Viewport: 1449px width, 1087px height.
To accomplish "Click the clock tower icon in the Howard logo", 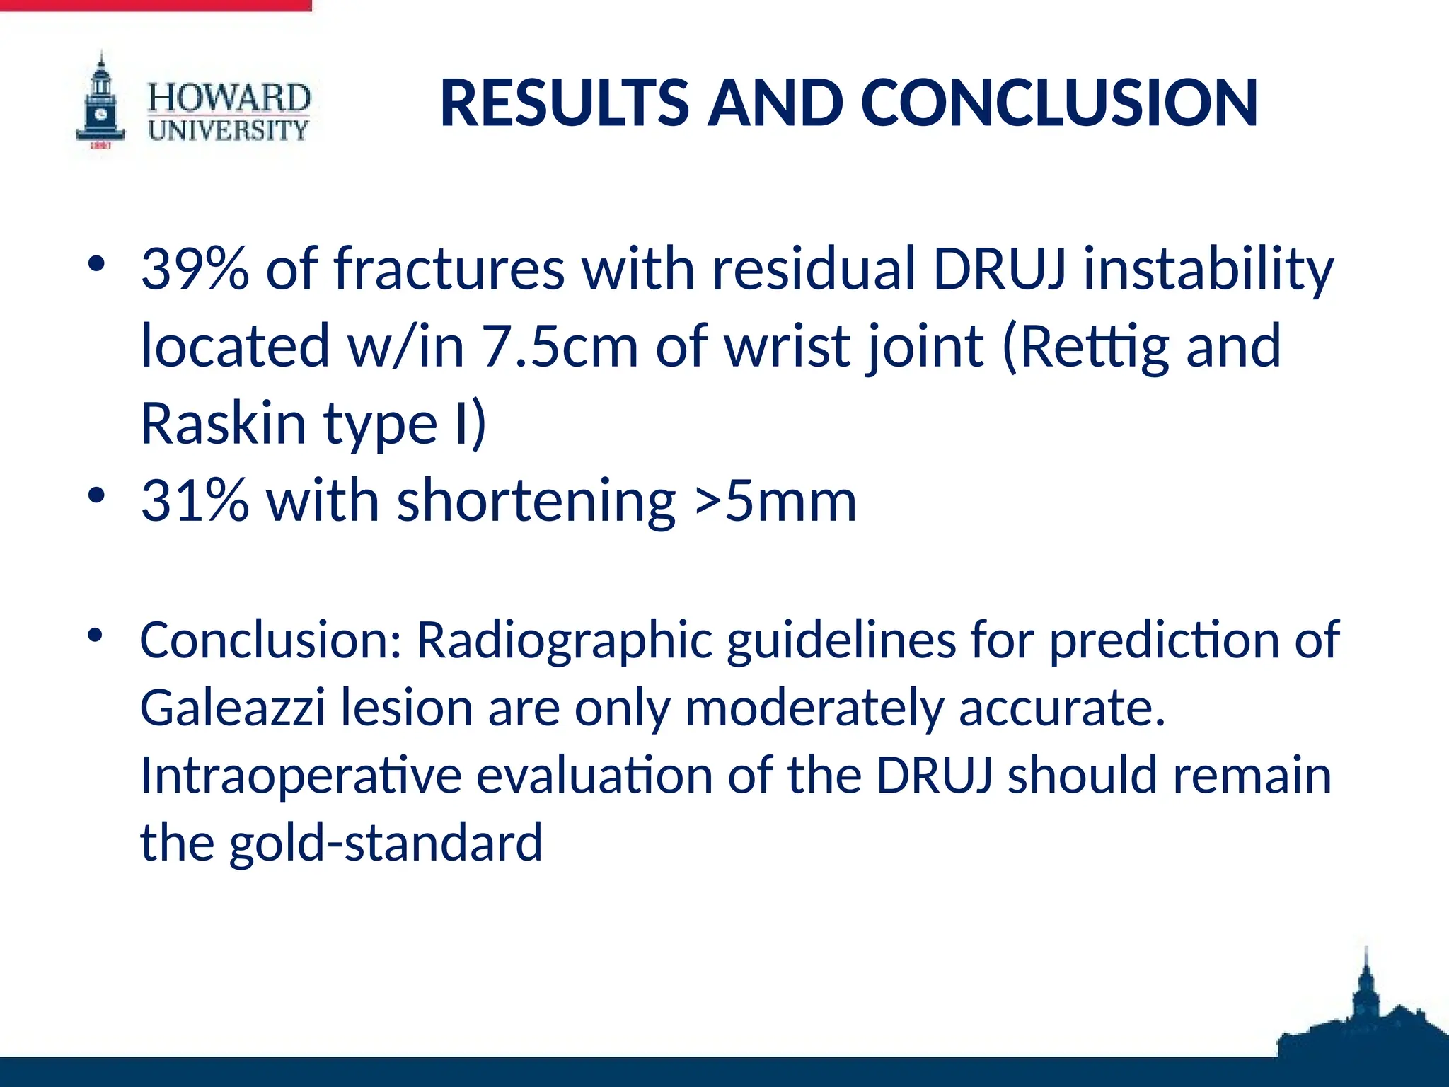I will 101,103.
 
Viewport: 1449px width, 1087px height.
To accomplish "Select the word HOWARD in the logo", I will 229,98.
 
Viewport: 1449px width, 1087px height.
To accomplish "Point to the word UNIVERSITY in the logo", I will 229,130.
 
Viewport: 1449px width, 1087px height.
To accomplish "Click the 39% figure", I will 195,269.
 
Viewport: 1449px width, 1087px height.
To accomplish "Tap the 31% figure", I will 195,501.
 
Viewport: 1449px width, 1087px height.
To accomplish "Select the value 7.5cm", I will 560,347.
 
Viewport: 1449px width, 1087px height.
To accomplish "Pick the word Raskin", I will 223,423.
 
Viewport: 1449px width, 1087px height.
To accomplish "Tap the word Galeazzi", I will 232,708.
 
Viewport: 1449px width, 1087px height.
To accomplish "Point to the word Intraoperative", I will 301,776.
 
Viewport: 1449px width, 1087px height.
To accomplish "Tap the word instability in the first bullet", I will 1208,269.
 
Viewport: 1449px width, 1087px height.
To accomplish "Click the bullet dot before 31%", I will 96,495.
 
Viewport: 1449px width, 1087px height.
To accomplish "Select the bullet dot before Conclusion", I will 96,634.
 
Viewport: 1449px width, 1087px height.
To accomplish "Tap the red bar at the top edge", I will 156,6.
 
